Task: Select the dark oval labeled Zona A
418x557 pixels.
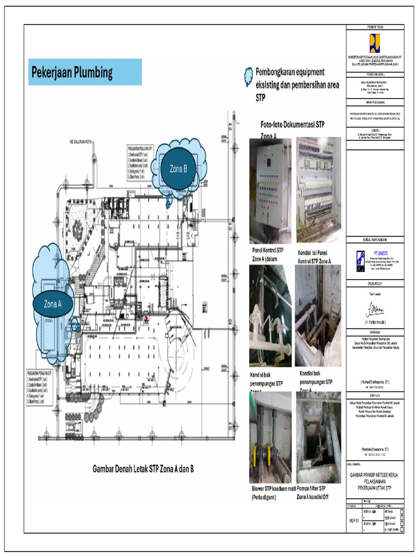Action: tap(52, 304)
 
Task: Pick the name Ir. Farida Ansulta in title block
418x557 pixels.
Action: tap(375, 323)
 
